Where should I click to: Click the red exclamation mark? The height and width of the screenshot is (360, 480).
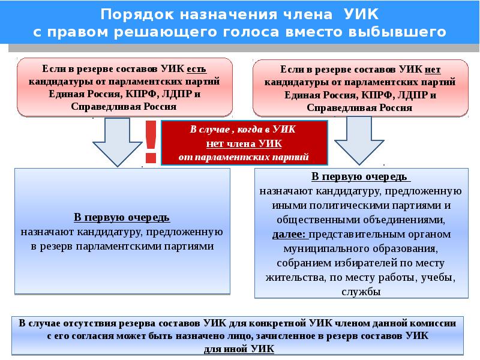pos(151,142)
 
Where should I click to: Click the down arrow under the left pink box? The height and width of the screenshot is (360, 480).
pos(117,142)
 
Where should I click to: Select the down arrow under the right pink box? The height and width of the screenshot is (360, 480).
pos(359,141)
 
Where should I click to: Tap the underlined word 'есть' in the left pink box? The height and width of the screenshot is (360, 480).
pos(197,69)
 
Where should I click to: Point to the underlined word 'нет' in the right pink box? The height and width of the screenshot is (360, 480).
pos(433,70)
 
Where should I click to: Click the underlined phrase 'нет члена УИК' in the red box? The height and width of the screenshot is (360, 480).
pos(244,143)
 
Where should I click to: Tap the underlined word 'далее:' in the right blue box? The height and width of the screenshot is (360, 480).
pos(289,235)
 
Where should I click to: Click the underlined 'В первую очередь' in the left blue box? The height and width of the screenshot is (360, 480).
pos(122,217)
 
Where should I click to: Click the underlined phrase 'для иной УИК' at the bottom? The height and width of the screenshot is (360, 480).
pos(239,349)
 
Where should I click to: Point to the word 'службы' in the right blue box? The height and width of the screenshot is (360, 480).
pos(361,292)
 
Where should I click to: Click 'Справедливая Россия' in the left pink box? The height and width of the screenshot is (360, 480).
pos(124,107)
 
